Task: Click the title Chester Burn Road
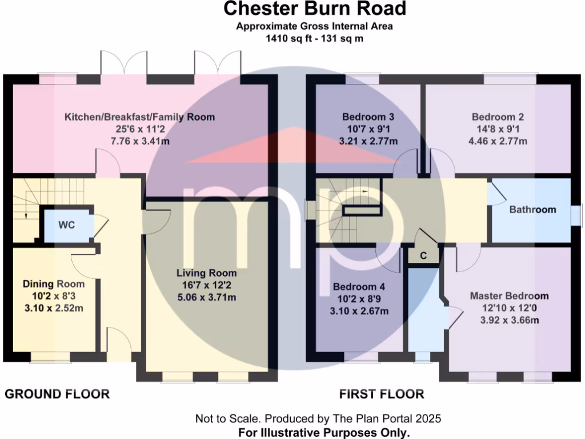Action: coord(315,9)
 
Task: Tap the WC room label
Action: coord(66,225)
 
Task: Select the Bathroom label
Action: coord(532,210)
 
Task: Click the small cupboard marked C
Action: coord(423,256)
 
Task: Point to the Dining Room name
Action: coord(54,284)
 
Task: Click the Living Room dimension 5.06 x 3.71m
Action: coord(206,297)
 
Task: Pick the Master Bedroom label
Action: coord(509,296)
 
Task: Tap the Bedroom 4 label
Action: coord(359,287)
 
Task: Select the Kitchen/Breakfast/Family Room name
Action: coord(139,117)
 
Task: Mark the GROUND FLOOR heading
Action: coord(57,394)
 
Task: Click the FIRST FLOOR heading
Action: coord(382,394)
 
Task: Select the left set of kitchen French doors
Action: coord(123,63)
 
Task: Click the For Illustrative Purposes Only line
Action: coord(323,432)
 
